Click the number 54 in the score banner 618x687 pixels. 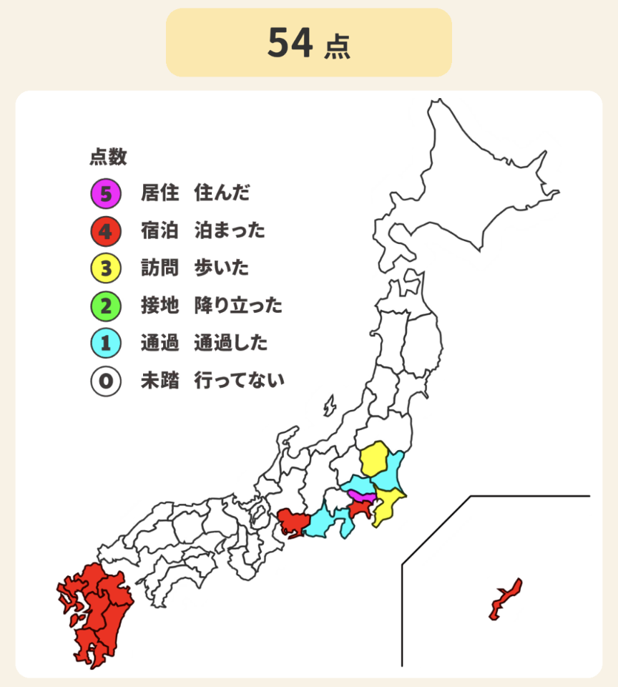[290, 44]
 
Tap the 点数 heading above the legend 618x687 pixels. [108, 157]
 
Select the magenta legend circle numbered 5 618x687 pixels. [106, 193]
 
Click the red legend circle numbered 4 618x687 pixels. [106, 231]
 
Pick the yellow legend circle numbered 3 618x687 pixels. [106, 268]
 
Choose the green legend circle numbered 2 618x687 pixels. [106, 306]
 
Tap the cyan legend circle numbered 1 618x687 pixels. [106, 343]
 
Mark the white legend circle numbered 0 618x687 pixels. [106, 381]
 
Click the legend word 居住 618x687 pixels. [160, 193]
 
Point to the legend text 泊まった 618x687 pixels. [230, 231]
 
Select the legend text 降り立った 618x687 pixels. [238, 306]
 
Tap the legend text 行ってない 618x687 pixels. [239, 381]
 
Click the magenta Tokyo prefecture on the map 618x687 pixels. [362, 496]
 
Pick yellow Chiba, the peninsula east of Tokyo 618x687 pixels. [388, 504]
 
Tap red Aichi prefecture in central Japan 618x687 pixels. [293, 522]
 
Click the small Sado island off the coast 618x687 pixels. [330, 406]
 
